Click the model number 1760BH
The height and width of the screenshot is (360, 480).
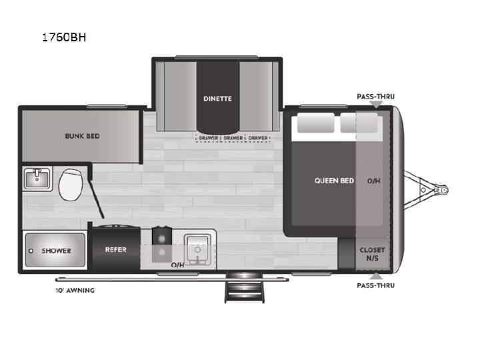[x=64, y=37]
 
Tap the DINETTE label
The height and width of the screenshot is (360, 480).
[x=217, y=99]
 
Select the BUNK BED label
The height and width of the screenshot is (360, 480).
[x=83, y=136]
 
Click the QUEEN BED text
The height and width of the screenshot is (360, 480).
[x=334, y=181]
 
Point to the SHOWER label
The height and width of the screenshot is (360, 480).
[x=56, y=251]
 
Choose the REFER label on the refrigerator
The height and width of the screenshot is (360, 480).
[x=116, y=250]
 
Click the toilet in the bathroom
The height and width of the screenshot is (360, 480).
[x=71, y=184]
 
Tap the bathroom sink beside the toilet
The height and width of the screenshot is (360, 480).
[x=37, y=179]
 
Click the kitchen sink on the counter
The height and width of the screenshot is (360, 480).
[x=197, y=250]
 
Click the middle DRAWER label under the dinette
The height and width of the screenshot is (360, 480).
[x=233, y=138]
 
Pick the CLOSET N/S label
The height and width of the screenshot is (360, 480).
[x=372, y=254]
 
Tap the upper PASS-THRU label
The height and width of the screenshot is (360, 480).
[x=375, y=97]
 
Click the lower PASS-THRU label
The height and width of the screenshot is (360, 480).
[x=375, y=285]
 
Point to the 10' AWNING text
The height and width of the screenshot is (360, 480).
[x=75, y=290]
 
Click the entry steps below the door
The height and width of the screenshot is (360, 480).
[x=245, y=287]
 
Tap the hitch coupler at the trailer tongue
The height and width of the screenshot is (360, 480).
[x=443, y=190]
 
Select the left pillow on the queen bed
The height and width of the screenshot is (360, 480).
[x=315, y=123]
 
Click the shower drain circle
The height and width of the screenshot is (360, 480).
[x=31, y=251]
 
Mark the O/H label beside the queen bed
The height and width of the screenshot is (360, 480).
[x=373, y=181]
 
